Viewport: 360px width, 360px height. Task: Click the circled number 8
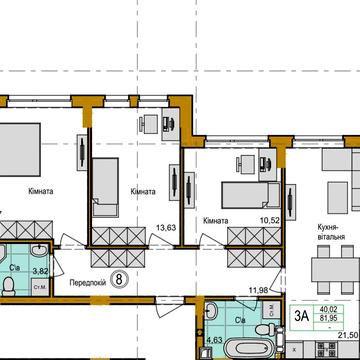pos(119,279)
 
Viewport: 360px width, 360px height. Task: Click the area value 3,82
pos(42,270)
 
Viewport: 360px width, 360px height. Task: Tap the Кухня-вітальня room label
pos(330,233)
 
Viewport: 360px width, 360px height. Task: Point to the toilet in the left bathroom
pos(8,286)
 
